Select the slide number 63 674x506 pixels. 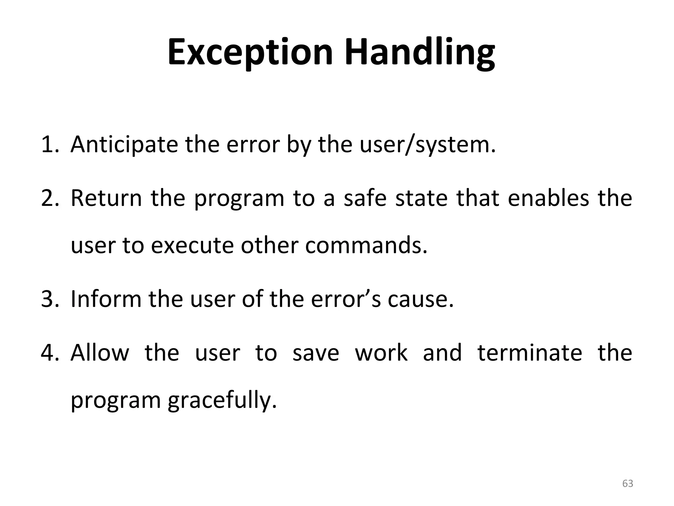coord(628,484)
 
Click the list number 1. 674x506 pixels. coord(49,145)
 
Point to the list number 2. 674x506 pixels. coord(49,198)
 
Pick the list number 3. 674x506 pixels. coord(49,299)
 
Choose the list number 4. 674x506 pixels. coord(49,353)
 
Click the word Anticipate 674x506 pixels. coord(124,145)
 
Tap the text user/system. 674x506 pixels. coord(428,145)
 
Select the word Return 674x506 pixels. coord(106,198)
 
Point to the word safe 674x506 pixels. coord(365,198)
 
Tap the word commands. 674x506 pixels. coord(366,246)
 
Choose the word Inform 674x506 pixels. coord(106,299)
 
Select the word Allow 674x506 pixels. coord(100,353)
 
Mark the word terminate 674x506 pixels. coord(530,353)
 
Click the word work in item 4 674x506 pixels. coord(381,353)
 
